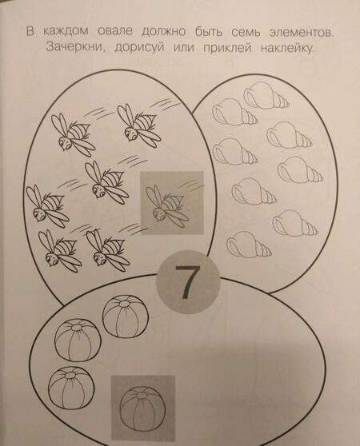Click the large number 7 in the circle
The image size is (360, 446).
(x=186, y=282)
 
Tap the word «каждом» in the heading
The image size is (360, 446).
(x=66, y=32)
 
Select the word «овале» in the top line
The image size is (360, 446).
(x=115, y=31)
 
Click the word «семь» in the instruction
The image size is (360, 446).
(x=246, y=33)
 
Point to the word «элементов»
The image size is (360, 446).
(x=301, y=34)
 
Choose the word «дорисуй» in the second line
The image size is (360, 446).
(x=140, y=48)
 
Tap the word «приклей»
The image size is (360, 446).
(x=227, y=48)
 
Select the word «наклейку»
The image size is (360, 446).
(x=287, y=49)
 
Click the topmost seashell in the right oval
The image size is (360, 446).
(x=266, y=96)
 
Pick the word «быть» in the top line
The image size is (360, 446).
(x=208, y=32)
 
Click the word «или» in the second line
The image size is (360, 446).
(x=184, y=48)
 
